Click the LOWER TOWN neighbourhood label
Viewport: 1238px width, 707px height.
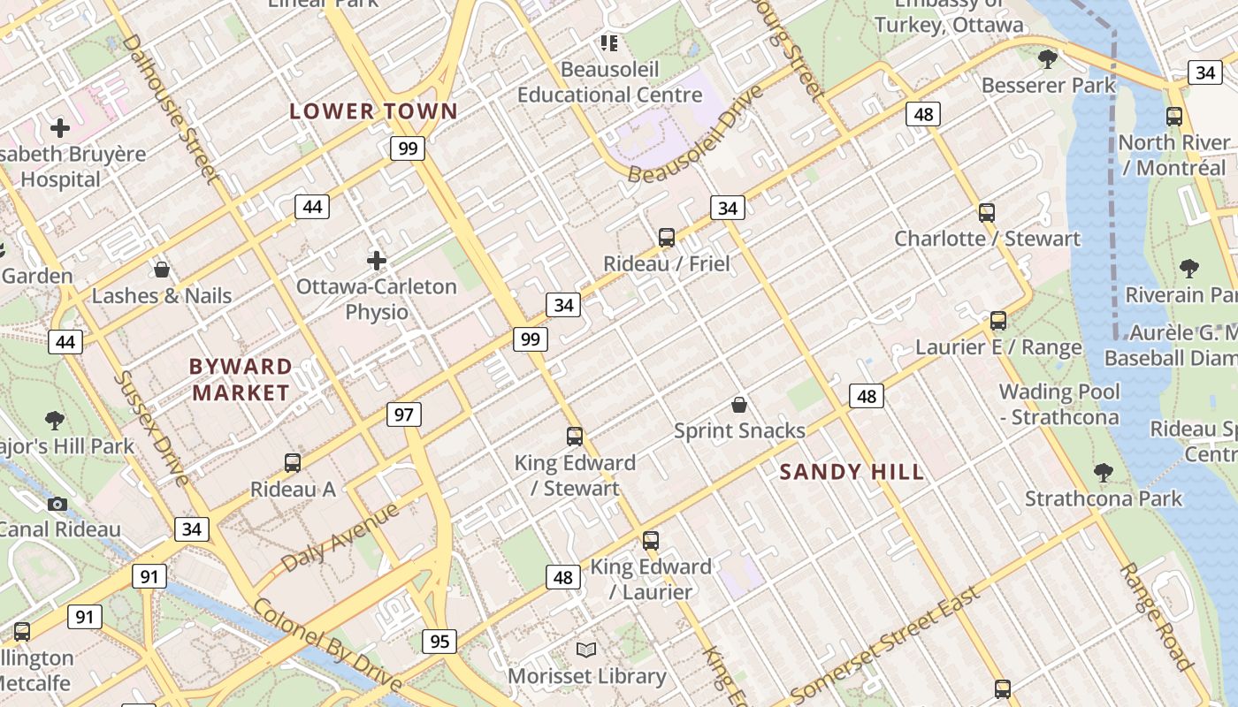click(374, 111)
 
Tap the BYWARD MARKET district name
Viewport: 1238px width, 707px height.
click(241, 379)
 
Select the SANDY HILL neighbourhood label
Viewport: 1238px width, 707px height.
click(852, 472)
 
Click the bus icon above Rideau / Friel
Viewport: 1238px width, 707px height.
click(667, 237)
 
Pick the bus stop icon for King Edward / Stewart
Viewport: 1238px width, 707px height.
click(575, 436)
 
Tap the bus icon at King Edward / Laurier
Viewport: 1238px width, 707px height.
click(651, 540)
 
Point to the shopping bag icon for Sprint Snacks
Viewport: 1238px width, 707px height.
click(739, 405)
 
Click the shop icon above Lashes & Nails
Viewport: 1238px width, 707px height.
click(162, 269)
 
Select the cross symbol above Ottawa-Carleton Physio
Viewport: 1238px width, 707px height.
click(377, 260)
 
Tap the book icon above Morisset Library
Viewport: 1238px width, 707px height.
click(586, 650)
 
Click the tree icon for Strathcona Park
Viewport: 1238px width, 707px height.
click(1103, 472)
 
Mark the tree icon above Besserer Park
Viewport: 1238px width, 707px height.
click(1048, 59)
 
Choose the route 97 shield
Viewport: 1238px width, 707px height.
click(404, 414)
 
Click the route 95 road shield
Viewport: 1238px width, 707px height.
click(439, 641)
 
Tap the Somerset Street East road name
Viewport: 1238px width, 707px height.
click(885, 643)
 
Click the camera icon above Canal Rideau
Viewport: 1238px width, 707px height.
click(57, 504)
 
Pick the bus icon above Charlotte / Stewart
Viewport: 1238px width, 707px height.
click(987, 212)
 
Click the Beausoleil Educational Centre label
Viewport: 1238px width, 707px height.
click(609, 81)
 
